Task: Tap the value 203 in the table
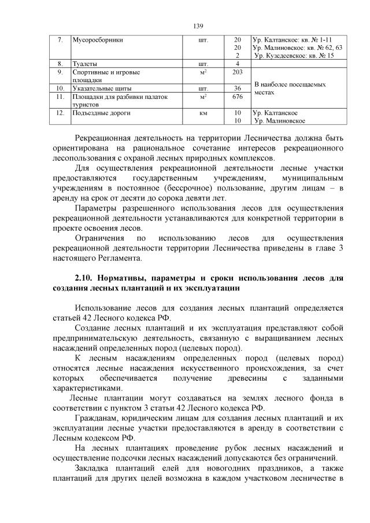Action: point(236,72)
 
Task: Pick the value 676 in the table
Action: point(236,97)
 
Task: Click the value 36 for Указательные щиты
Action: point(236,89)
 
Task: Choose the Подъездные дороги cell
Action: point(98,113)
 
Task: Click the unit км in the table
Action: point(203,113)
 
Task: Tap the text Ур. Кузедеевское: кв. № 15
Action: point(294,55)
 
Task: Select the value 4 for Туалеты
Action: point(236,63)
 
